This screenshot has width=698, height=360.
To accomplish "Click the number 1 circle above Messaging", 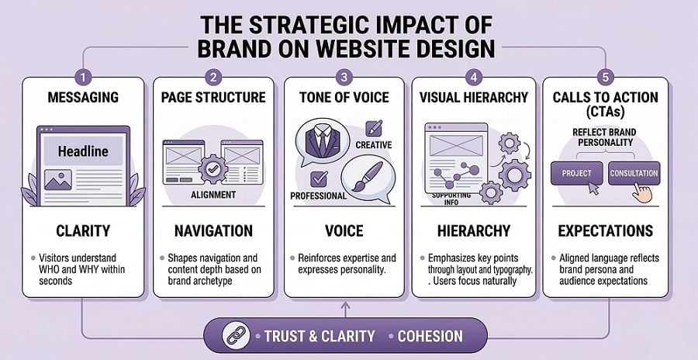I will (84, 77).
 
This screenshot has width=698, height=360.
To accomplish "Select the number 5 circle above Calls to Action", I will (606, 77).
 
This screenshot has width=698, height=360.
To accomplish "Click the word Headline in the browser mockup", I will (83, 151).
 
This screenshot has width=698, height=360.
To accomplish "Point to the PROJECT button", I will (576, 172).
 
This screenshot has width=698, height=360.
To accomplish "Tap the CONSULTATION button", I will (634, 172).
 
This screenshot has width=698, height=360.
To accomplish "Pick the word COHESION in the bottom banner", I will (430, 336).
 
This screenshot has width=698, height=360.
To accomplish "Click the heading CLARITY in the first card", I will (83, 231).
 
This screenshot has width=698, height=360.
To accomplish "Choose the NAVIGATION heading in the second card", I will (213, 231).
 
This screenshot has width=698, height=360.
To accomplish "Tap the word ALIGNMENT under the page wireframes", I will (213, 195).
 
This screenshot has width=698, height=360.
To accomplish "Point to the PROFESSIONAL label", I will (318, 196).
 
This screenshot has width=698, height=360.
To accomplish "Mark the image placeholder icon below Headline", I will (58, 181).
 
